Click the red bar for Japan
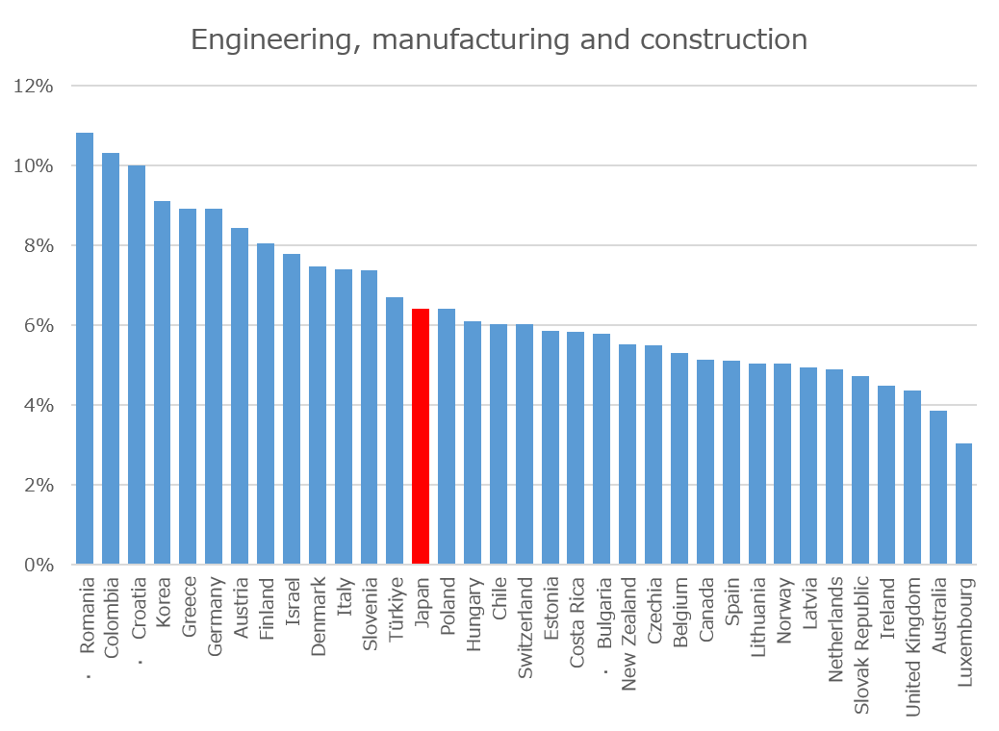421,436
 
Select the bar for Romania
85,348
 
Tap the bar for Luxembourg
964,504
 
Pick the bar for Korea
163,383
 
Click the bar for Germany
214,387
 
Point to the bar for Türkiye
395,431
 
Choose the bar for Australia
938,487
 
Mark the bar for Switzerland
525,444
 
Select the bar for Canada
705,462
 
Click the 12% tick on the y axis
33,86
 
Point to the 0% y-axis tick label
38,565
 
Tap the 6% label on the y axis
38,325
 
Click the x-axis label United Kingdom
913,647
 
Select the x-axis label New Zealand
628,634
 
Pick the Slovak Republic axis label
860,645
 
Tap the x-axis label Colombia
111,618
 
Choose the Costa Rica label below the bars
576,622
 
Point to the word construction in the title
724,39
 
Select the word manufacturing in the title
471,40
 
